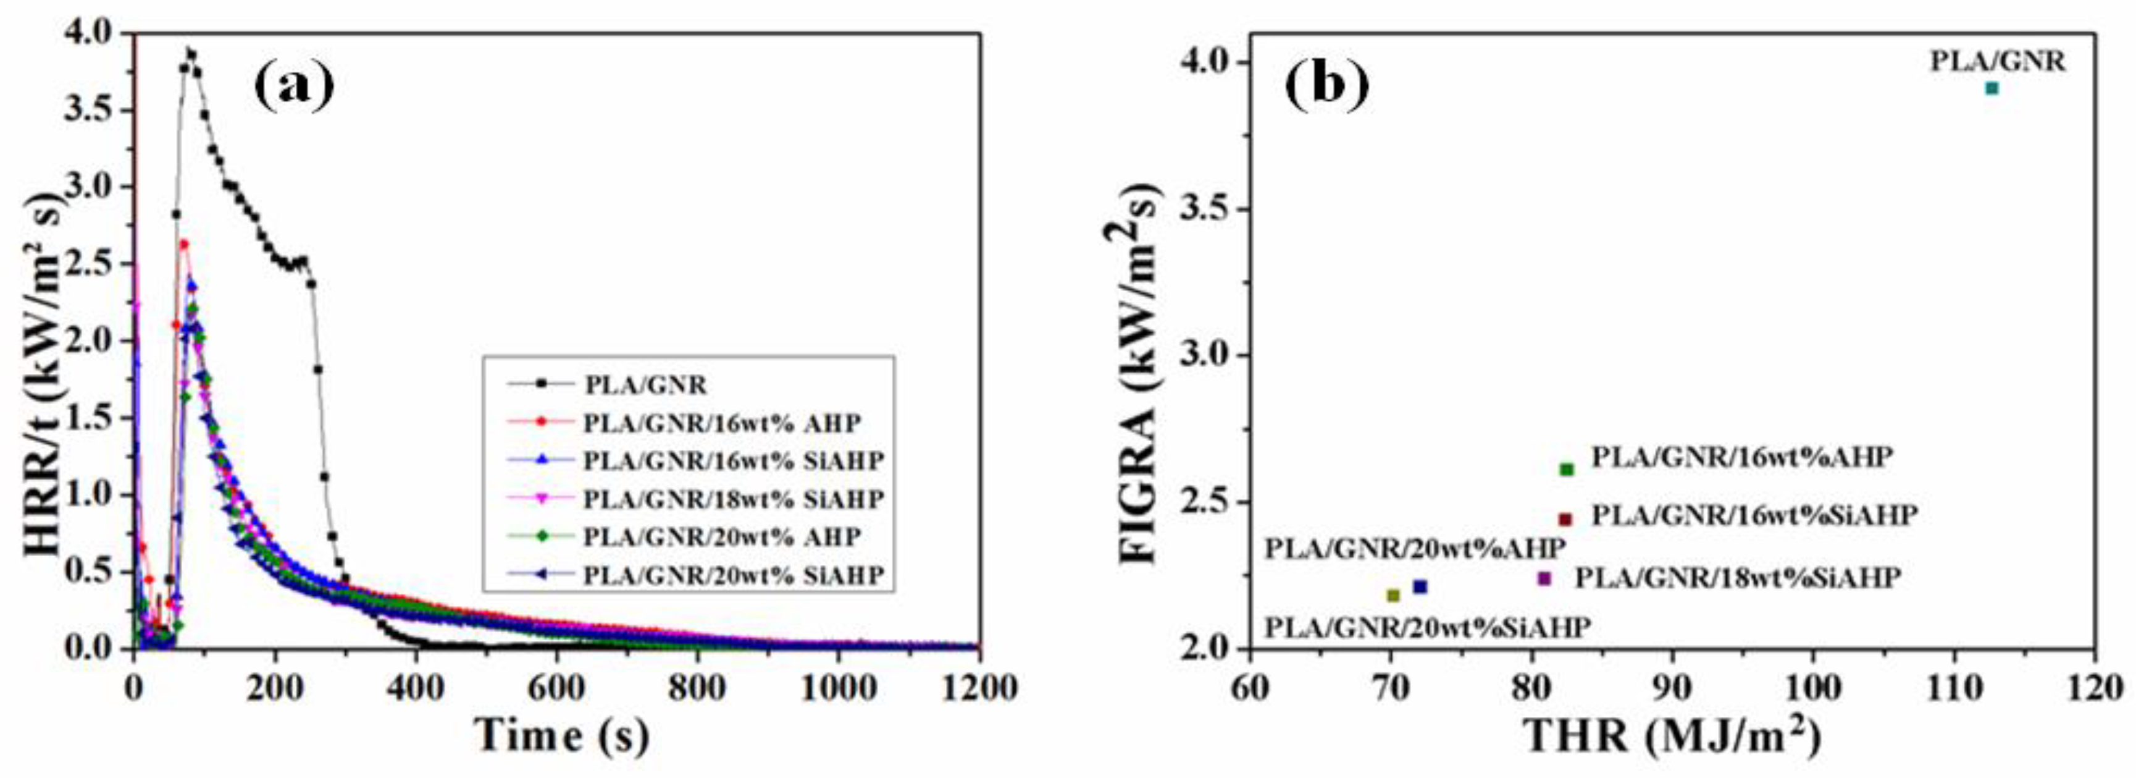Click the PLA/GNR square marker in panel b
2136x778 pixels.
pyautogui.click(x=1992, y=88)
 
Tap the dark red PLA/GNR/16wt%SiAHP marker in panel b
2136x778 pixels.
pyautogui.click(x=1565, y=519)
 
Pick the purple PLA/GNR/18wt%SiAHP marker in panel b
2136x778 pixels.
pyautogui.click(x=1544, y=578)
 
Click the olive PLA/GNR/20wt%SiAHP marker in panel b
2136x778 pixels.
pyautogui.click(x=1393, y=594)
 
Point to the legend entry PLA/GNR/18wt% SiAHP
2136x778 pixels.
pyautogui.click(x=732, y=499)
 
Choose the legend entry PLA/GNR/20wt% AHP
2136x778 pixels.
pyautogui.click(x=721, y=536)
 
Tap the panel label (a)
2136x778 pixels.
pyautogui.click(x=295, y=85)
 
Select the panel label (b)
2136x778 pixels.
pyautogui.click(x=1326, y=85)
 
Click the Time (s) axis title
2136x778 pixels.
pyautogui.click(x=561, y=735)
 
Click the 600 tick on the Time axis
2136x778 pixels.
pyautogui.click(x=556, y=688)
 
